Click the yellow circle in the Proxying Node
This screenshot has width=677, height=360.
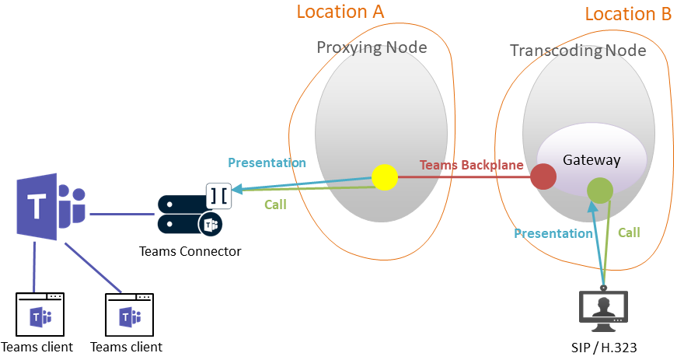point(384,177)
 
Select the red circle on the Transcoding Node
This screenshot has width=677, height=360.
point(544,177)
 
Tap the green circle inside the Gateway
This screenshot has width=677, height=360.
point(600,190)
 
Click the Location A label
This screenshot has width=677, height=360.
point(340,12)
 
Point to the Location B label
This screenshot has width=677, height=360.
point(628,14)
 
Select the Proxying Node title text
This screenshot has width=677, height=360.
point(372,47)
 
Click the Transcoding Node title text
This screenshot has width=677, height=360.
point(578,51)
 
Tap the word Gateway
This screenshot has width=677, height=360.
point(592,160)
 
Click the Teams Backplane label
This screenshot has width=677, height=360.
point(471,166)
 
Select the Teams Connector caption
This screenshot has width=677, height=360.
point(190,251)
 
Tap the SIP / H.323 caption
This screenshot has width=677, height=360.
point(603,347)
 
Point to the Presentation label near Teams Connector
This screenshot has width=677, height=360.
point(267,163)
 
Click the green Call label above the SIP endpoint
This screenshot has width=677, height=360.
point(629,232)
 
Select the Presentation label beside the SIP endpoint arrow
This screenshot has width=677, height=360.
point(553,233)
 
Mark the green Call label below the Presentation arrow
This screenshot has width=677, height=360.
point(275,205)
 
